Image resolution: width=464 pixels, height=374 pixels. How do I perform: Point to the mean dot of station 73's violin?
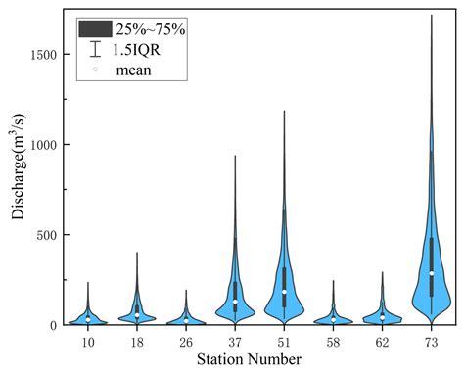pos(431,273)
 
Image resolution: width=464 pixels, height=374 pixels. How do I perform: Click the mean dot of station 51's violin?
pos(284,291)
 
